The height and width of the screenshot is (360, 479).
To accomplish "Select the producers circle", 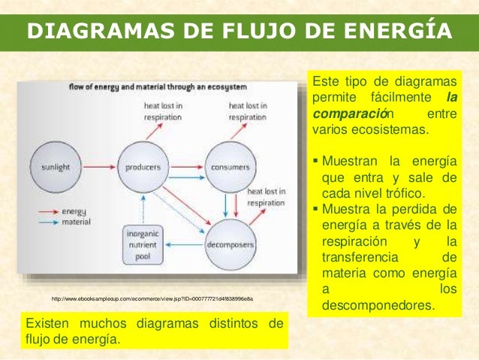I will tap(143, 166).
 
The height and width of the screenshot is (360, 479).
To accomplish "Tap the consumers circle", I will tap(230, 166).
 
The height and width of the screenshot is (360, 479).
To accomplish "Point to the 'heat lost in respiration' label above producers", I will tap(163, 112).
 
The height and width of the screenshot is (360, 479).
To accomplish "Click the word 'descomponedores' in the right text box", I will tap(378, 306).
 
